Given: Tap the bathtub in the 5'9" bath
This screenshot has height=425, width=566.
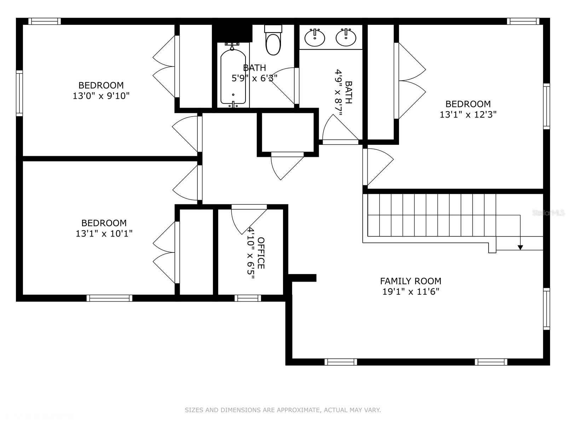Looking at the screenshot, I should [x=233, y=77].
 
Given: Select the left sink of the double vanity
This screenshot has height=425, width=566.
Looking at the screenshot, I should [x=314, y=38].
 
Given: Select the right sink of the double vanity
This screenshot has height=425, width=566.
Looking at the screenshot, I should [x=346, y=38].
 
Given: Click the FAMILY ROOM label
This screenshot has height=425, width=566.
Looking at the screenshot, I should [x=410, y=281].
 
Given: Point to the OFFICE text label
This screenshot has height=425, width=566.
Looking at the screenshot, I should [x=261, y=253].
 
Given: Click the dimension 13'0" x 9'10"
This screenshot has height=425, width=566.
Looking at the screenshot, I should [x=101, y=96].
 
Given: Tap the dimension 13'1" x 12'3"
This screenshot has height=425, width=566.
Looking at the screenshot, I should [x=468, y=115].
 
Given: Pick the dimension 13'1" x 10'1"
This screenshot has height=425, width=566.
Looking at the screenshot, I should [x=104, y=234].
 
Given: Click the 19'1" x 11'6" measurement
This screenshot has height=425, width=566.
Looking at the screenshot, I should [x=410, y=292].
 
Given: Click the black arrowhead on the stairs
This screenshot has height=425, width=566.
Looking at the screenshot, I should [x=520, y=247].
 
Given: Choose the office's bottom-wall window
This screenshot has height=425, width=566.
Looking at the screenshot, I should [x=248, y=298].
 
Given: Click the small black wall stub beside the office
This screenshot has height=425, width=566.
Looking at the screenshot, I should [x=302, y=278].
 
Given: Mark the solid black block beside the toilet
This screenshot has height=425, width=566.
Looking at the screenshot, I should [x=232, y=33].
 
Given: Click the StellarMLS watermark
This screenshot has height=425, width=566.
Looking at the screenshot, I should [x=548, y=213].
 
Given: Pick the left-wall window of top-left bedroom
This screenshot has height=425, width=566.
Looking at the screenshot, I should [x=19, y=93].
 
